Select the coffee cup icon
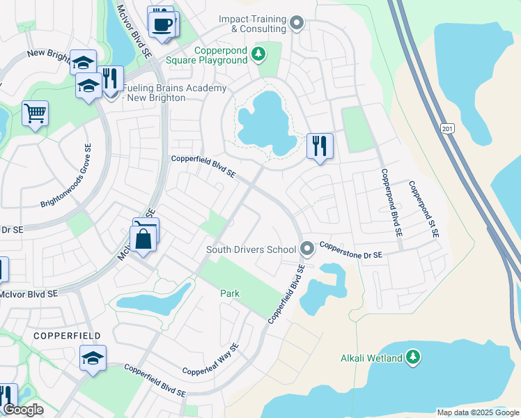[x=164, y=25]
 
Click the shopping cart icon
[x=35, y=112]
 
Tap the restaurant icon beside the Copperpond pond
[x=320, y=146]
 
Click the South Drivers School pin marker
[x=307, y=249]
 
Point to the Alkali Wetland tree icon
[x=414, y=357]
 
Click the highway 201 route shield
[x=446, y=128]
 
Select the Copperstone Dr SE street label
[x=352, y=251]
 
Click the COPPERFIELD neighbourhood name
[x=62, y=335]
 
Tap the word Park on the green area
[x=230, y=293]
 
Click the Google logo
[x=23, y=410]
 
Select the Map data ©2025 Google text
[x=477, y=412]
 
